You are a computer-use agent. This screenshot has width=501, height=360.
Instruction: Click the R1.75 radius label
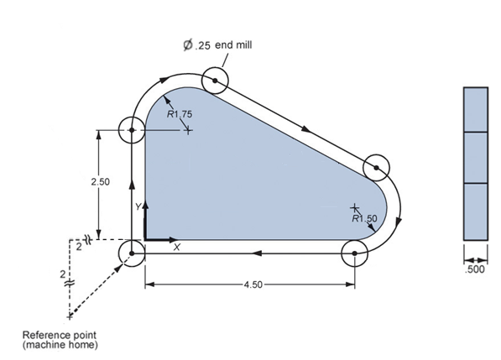[x=180, y=114]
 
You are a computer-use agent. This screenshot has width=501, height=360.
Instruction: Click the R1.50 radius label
[x=365, y=218]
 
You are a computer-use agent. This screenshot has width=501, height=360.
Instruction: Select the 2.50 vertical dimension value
[x=100, y=181]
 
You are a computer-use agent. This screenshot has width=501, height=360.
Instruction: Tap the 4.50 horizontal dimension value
[x=250, y=284]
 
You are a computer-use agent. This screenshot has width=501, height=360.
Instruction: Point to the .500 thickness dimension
[x=476, y=271]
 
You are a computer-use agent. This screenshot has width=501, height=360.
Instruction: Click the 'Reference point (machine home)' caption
[x=57, y=340]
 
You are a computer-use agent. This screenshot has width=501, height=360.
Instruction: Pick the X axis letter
[x=176, y=248]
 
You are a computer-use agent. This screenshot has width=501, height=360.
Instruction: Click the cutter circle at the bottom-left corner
[x=133, y=252]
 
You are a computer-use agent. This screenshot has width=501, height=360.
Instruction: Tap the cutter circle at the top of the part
[x=215, y=81]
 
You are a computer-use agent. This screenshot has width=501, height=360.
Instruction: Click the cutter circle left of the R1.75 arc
[x=133, y=130]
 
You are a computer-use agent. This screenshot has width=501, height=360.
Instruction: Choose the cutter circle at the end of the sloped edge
[x=378, y=168]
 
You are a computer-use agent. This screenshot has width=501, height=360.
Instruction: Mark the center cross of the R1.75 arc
[x=188, y=130]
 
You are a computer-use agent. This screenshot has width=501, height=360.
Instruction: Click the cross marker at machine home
[x=70, y=316]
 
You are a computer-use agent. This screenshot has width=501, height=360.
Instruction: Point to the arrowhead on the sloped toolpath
[x=305, y=130]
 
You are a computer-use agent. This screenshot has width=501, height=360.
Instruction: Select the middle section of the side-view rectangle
[x=475, y=157]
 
